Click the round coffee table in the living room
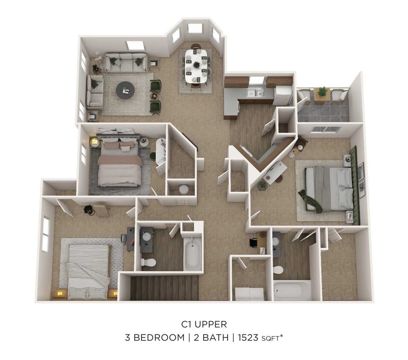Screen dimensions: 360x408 pos(125,90)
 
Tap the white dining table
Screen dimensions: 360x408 pos(197,66)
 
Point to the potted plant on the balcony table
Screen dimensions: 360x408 pos(323,91)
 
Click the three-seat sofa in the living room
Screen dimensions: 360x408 pos(126,63)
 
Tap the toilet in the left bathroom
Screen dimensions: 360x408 pos(148,261)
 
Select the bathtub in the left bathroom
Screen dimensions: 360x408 pos(192,254)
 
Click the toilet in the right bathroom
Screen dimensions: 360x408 pos(278,270)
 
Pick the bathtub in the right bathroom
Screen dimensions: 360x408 pos(292,290)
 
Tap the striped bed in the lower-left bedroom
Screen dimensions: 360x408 pos(88,271)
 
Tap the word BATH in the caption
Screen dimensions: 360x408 pos(212,338)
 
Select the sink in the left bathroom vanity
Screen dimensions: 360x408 pos(147,236)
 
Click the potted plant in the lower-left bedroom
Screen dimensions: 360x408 pos(89,210)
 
